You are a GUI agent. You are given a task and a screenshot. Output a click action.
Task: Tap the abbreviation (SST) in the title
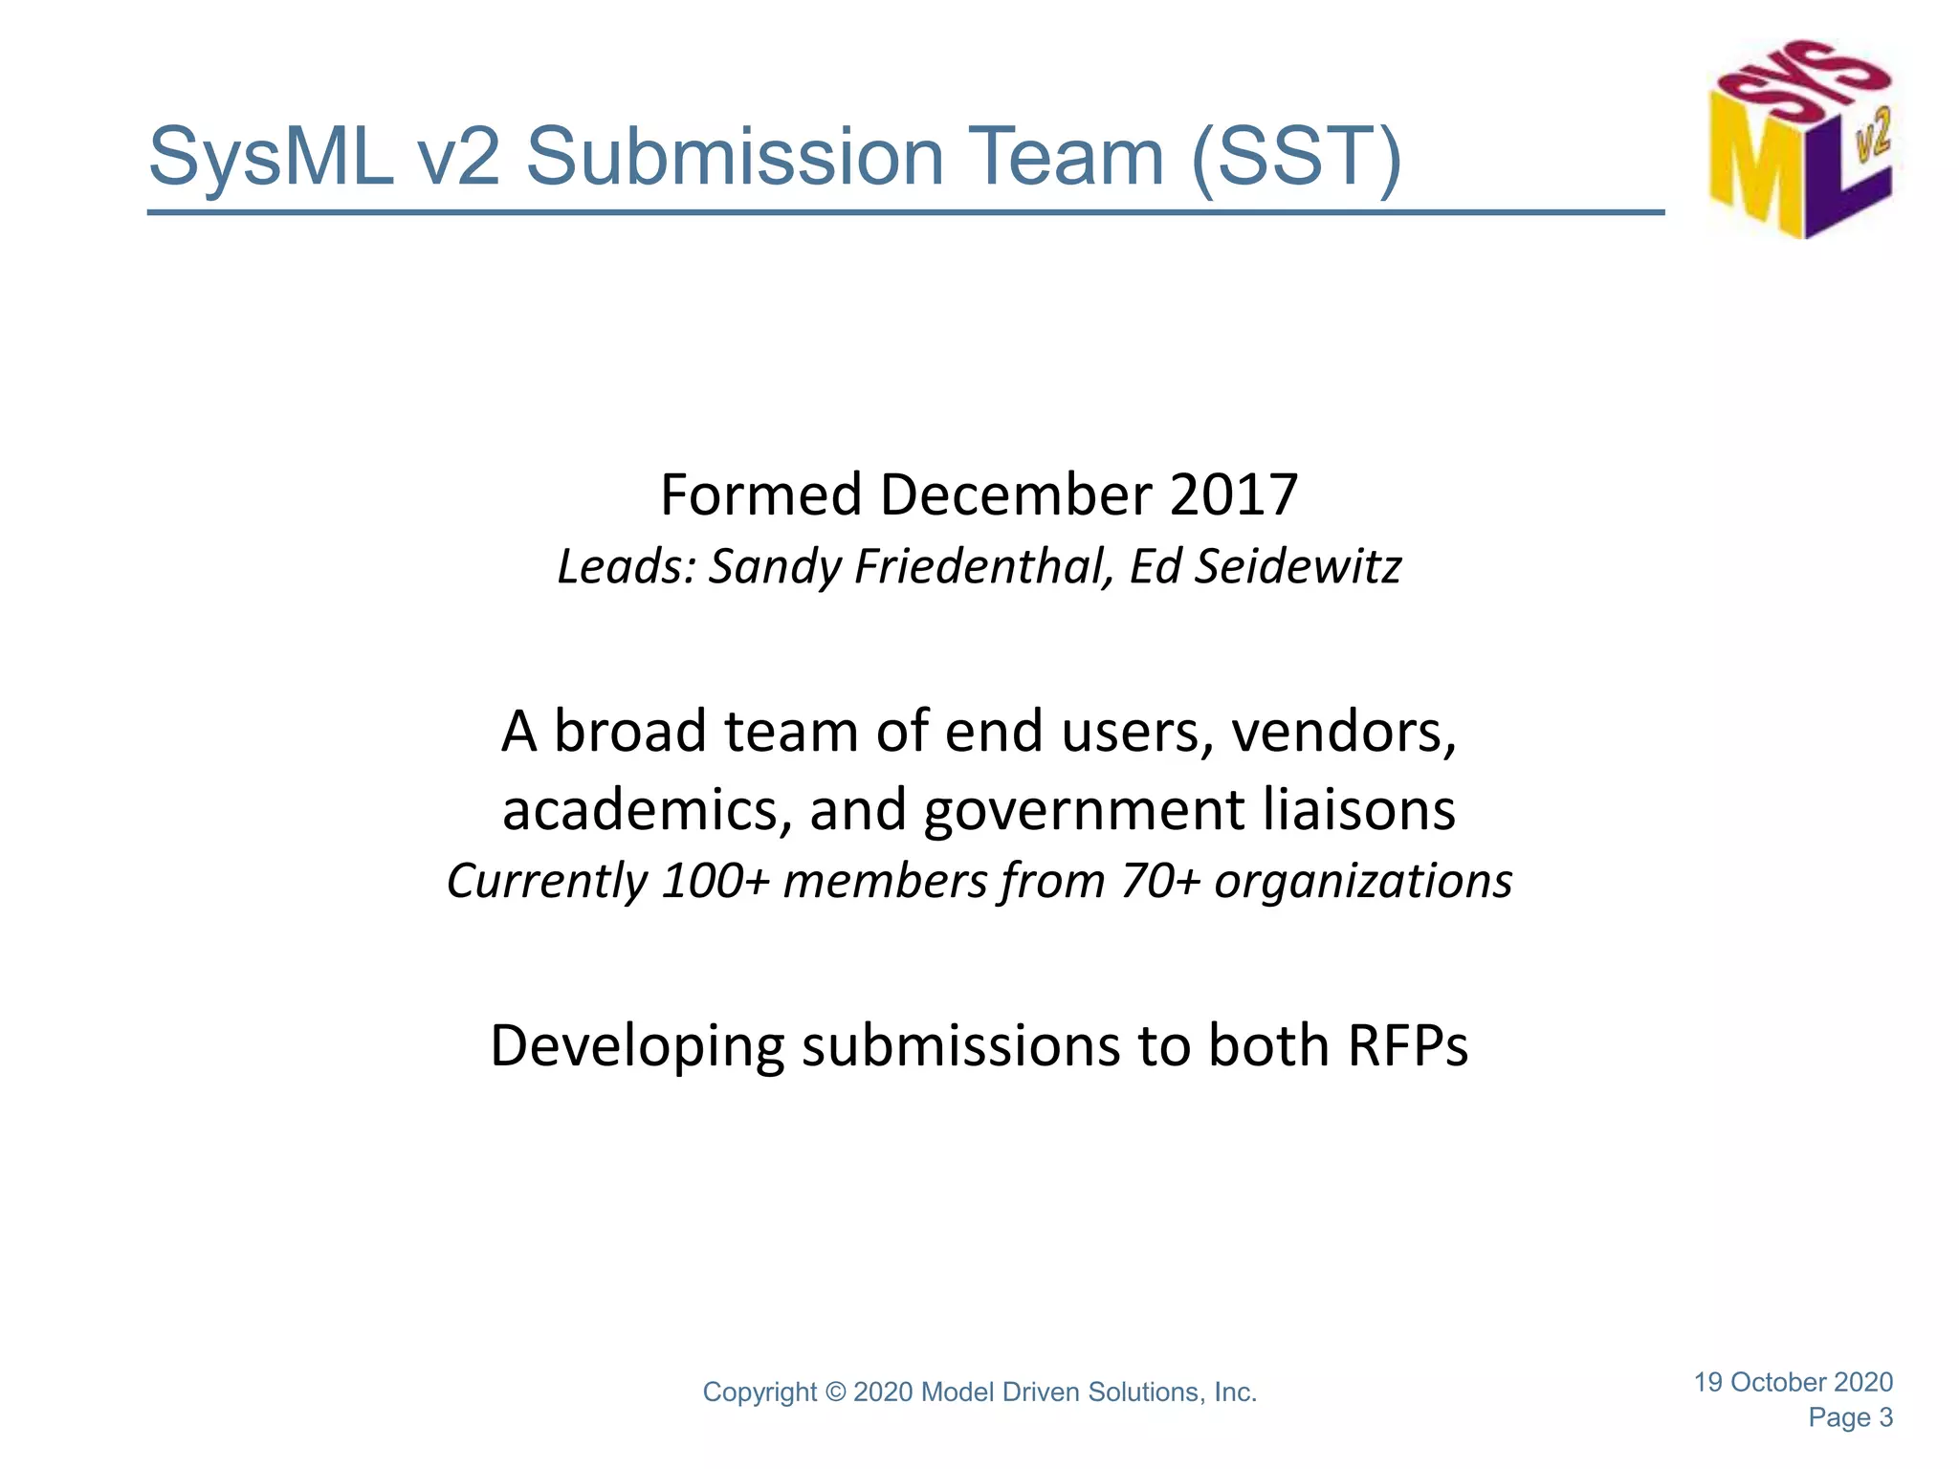coord(1296,158)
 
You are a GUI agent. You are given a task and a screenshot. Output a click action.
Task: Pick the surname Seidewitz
coord(1298,566)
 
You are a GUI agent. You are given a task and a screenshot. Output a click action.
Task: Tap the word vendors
coord(1343,732)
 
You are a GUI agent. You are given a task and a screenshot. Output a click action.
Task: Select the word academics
coord(648,810)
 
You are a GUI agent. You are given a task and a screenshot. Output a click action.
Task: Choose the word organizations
coord(1363,881)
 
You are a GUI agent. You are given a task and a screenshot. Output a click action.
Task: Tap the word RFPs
coord(1407,1045)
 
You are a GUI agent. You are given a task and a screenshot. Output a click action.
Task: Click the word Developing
coord(637,1047)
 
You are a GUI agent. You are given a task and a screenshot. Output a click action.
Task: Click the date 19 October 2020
coord(1793,1382)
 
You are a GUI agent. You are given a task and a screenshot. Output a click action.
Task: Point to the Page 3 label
coord(1850,1417)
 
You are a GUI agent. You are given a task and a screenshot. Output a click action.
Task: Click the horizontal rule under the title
coord(905,212)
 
